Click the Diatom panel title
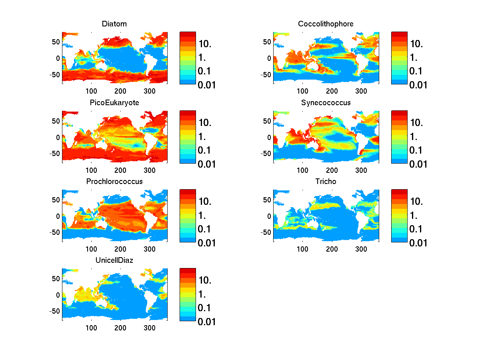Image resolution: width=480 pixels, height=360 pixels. coord(114,24)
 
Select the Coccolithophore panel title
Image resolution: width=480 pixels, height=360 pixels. coord(326,24)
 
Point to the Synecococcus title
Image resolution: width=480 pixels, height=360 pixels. coord(326,103)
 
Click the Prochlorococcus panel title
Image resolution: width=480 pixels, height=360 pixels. coord(114,182)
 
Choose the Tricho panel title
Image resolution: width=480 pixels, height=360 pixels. coord(326,182)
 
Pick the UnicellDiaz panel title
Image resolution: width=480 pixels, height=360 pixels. coord(114,260)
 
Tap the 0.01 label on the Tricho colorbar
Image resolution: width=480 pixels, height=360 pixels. coord(418,243)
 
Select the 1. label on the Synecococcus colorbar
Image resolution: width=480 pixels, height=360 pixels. coord(414,137)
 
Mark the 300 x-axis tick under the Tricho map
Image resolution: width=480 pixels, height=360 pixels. coord(361,249)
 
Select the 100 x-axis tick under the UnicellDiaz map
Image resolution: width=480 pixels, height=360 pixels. coord(92,328)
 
